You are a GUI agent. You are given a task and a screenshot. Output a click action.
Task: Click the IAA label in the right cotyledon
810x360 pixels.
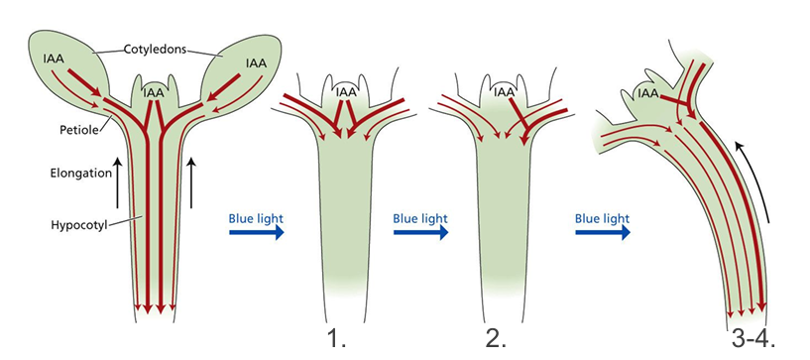click(x=257, y=62)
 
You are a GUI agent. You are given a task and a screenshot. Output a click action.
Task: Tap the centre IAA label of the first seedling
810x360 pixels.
click(x=154, y=92)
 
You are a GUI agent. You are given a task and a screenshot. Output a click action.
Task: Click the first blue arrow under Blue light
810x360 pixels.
click(x=257, y=233)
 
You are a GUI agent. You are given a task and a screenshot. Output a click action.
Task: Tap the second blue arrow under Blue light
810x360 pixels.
click(x=421, y=233)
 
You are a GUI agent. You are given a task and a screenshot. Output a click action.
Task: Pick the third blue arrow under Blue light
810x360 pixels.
click(x=604, y=233)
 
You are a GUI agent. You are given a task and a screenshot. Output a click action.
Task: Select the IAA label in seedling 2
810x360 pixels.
click(x=505, y=92)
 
